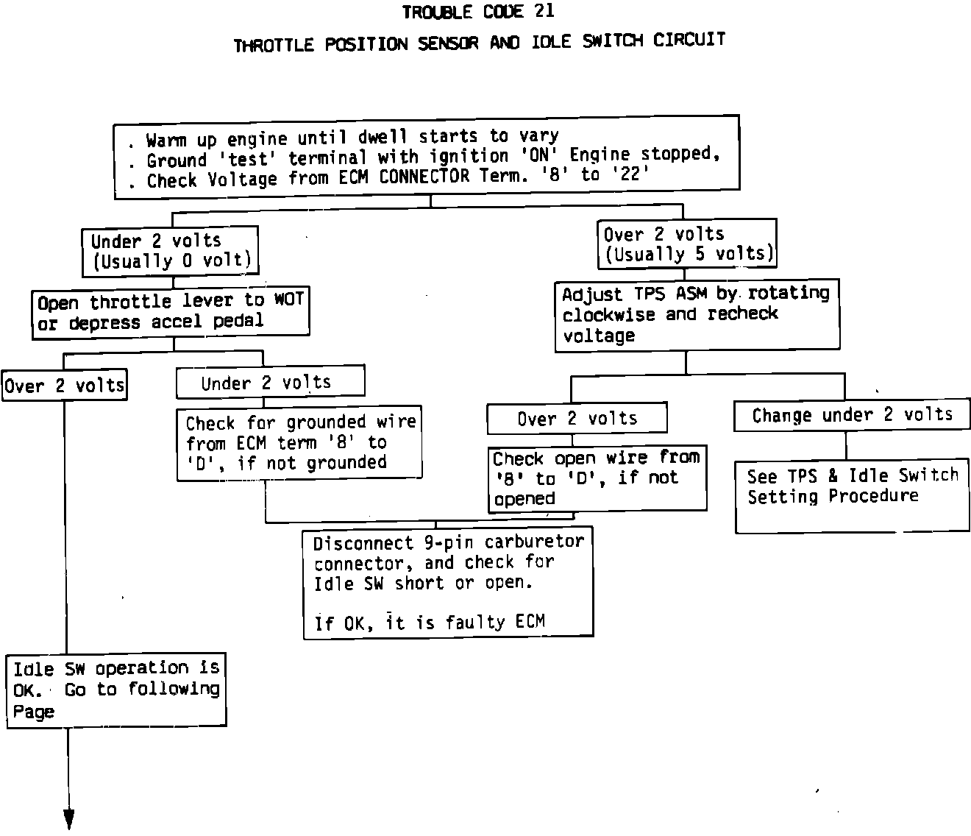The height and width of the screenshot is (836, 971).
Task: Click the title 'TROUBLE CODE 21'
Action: point(478,12)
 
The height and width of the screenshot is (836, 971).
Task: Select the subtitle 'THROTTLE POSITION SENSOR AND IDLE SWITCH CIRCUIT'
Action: point(480,43)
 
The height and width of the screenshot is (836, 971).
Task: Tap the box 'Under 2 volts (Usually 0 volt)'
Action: point(170,251)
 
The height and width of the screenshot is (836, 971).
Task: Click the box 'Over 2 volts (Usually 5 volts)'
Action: point(687,244)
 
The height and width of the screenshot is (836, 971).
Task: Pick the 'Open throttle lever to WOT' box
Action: point(171,312)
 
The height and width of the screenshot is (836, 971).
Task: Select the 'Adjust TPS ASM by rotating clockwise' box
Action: point(696,314)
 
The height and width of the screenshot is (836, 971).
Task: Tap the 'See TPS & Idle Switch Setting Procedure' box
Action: point(852,495)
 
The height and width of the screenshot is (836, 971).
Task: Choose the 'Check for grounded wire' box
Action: point(299,443)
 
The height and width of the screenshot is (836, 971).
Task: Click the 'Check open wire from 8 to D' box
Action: point(597,478)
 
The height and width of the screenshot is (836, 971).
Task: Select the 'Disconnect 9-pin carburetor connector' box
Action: point(448,582)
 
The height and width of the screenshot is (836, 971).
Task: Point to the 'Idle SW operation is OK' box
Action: point(116,690)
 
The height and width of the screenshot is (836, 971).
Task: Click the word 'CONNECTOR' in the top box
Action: point(424,177)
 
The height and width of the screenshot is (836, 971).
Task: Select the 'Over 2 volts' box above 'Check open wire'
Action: point(577,419)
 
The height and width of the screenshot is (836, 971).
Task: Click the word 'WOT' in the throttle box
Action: point(289,300)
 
